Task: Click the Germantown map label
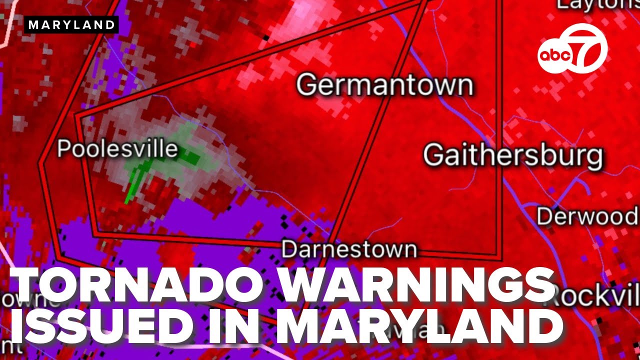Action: [x=384, y=85]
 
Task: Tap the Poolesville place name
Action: [x=117, y=149]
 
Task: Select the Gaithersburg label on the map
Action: [x=513, y=155]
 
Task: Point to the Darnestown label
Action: [x=349, y=249]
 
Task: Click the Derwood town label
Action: [x=587, y=216]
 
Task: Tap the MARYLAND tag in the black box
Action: [x=71, y=24]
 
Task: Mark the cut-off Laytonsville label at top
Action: [x=597, y=4]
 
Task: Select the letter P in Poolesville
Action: [x=63, y=149]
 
